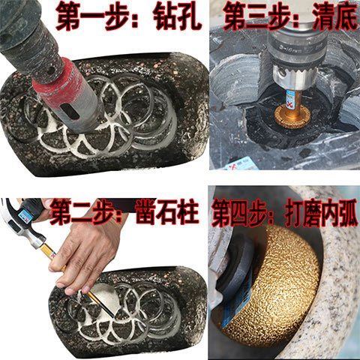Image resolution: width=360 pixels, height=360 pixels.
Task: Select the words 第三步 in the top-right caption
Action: click(x=253, y=15)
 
